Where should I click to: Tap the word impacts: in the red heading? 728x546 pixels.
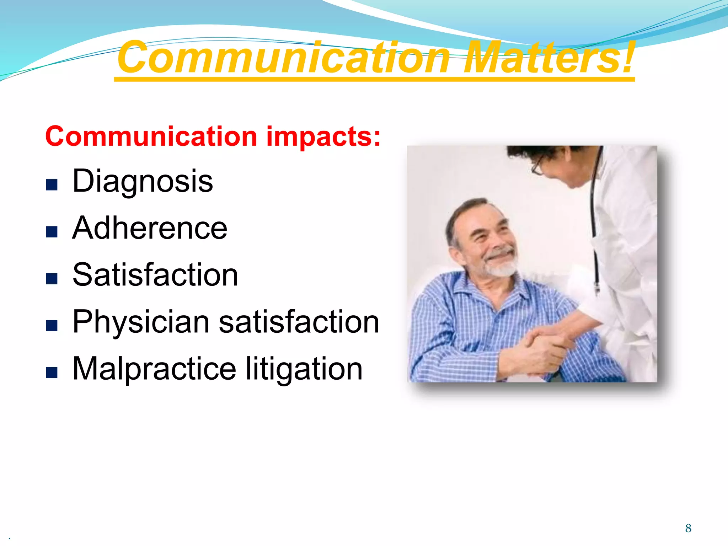coord(323,136)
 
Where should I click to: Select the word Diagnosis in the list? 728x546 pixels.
coord(143,181)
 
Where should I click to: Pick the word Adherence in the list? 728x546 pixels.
coord(150,228)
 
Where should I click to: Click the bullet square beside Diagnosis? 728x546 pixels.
coord(52,185)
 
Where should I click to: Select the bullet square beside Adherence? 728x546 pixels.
coord(52,232)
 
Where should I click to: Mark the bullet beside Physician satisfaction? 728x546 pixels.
coord(52,326)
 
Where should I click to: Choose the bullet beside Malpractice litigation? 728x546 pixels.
coord(52,373)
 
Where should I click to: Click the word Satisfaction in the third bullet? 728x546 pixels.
coord(155,275)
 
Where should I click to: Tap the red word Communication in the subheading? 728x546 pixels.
coord(151,136)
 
